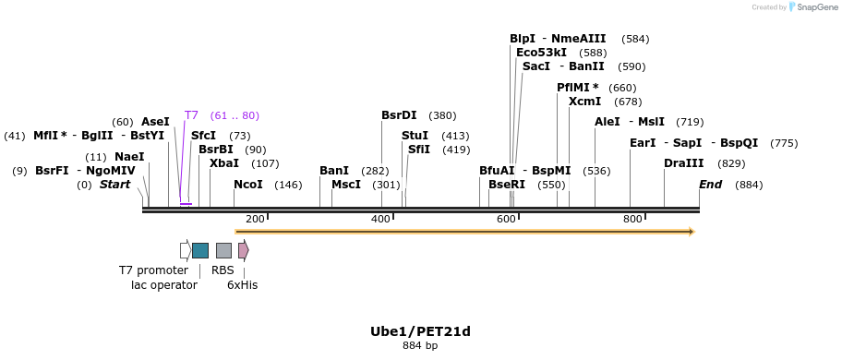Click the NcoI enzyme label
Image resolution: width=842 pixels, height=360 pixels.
pos(248,185)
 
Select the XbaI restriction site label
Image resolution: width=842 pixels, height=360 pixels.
pos(224,163)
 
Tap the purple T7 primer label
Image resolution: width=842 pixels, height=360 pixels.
pos(191,115)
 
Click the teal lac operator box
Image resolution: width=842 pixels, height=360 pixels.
pos(199,250)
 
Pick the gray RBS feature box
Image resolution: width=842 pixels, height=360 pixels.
pos(223,250)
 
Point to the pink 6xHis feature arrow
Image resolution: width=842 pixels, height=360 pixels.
pos(243,250)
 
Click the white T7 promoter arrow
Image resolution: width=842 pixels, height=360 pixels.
pos(185,250)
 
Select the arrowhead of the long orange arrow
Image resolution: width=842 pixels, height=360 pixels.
pos(689,231)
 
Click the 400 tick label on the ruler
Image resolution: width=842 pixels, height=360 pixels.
pos(380,219)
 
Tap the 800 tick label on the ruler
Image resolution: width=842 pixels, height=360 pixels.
pos(632,219)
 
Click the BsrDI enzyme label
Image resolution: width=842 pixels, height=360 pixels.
pos(399,115)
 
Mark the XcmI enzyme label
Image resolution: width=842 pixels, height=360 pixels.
pos(584,102)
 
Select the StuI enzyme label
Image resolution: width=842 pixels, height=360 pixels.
pos(415,136)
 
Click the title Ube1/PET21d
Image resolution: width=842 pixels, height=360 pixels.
pos(420,331)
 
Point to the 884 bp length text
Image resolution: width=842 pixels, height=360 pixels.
pos(420,346)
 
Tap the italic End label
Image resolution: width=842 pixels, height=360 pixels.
pos(710,185)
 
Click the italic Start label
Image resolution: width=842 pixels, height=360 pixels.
pos(115,185)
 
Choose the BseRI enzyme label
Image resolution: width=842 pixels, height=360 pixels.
pos(507,185)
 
